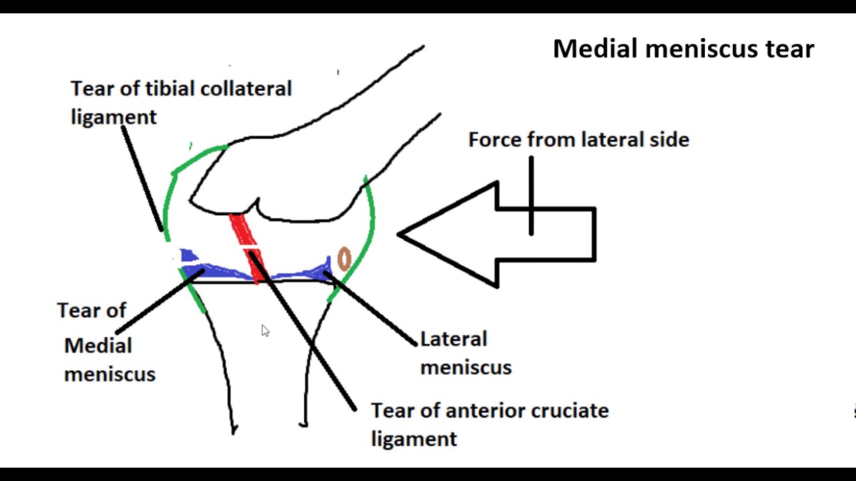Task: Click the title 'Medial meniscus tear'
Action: (683, 49)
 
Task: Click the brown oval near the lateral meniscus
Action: (344, 259)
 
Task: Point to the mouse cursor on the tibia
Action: (265, 331)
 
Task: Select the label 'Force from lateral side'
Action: (578, 140)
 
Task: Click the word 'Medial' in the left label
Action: (98, 346)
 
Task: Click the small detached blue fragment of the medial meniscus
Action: (187, 255)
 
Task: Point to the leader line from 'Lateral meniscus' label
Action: (374, 311)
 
